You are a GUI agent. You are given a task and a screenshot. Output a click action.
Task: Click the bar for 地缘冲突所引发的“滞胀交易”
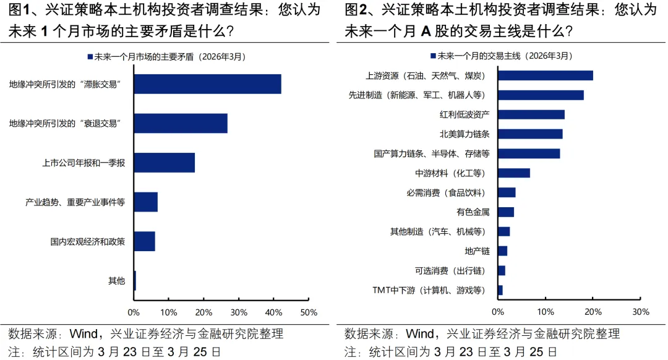pyautogui.click(x=207, y=84)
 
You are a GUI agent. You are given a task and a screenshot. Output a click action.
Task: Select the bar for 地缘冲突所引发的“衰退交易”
pyautogui.click(x=181, y=123)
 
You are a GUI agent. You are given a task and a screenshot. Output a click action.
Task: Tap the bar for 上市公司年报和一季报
pyautogui.click(x=165, y=163)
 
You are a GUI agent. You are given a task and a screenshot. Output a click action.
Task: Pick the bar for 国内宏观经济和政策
pyautogui.click(x=145, y=241)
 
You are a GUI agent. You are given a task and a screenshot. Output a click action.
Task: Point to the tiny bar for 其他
pyautogui.click(x=135, y=280)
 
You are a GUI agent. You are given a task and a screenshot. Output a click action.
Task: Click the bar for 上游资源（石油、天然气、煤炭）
pyautogui.click(x=546, y=75)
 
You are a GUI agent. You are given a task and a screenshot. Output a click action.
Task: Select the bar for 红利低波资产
pyautogui.click(x=531, y=114)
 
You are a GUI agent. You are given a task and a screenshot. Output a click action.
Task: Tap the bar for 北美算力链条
pyautogui.click(x=530, y=134)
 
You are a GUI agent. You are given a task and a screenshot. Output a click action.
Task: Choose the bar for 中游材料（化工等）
pyautogui.click(x=514, y=173)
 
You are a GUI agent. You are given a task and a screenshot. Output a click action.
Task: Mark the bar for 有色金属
pyautogui.click(x=506, y=212)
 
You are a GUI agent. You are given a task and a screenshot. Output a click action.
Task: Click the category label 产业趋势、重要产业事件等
pyautogui.click(x=75, y=202)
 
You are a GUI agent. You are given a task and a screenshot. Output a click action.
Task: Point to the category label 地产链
pyautogui.click(x=477, y=251)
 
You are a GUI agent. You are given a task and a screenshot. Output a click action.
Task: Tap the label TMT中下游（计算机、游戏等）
pyautogui.click(x=429, y=289)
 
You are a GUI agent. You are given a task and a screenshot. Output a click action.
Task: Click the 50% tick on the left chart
pyautogui.click(x=309, y=312)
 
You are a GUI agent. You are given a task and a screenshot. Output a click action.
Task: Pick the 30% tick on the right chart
pyautogui.click(x=641, y=312)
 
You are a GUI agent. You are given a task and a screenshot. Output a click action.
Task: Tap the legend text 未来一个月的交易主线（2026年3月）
pyautogui.click(x=505, y=56)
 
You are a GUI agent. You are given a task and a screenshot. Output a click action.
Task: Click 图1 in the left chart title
pyautogui.click(x=19, y=10)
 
